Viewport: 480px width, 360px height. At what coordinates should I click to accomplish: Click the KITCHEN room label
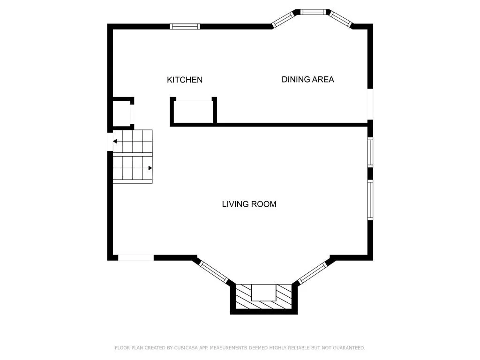point(185,80)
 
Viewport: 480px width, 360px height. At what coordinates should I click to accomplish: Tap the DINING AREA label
point(307,80)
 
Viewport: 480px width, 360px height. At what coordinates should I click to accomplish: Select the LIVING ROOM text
point(249,204)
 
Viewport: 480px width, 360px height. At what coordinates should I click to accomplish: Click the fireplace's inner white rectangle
point(264,292)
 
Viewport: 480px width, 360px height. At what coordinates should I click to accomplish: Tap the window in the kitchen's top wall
point(185,27)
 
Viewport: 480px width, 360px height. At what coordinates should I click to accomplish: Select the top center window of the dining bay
point(313,12)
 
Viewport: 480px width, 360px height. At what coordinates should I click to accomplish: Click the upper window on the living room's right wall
point(370,152)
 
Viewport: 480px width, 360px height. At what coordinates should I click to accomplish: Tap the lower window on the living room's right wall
point(370,200)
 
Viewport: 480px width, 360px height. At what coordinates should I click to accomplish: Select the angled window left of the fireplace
point(214,272)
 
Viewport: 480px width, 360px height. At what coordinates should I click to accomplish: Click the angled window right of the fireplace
point(313,272)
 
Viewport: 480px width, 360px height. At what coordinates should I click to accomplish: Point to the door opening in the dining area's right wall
point(370,104)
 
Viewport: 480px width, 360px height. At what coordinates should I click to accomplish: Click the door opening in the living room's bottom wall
point(136,258)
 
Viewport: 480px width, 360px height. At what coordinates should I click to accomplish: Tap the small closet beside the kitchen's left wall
point(122,113)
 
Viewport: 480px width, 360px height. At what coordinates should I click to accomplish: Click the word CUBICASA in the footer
point(186,348)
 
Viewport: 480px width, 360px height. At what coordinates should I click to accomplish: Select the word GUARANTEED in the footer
point(349,348)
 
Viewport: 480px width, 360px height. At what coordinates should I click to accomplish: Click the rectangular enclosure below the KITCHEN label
point(194,112)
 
